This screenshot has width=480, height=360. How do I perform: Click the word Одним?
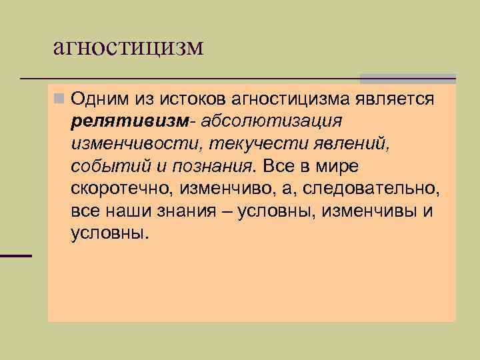pyautogui.click(x=99, y=100)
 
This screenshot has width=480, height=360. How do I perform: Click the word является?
pyautogui.click(x=399, y=100)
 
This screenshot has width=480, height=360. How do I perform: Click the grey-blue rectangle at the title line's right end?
pyautogui.click(x=407, y=79)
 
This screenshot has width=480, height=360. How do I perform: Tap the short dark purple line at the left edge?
pyautogui.click(x=16, y=256)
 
